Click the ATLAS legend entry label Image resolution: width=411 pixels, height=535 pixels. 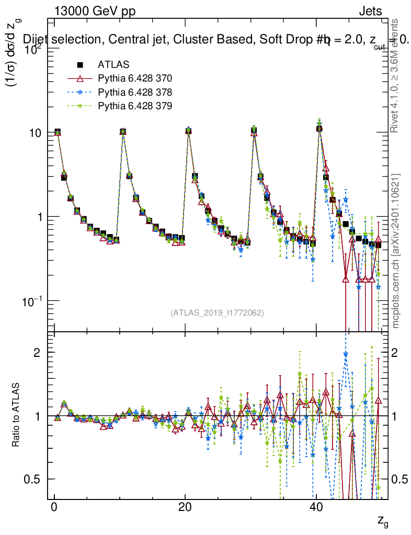[113, 65]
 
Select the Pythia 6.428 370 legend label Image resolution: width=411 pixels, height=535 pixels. [135, 78]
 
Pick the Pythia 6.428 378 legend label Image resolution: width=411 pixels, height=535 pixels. [135, 92]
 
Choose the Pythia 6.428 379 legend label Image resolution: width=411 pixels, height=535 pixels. [135, 106]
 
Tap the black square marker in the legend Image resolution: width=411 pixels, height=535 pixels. [80, 65]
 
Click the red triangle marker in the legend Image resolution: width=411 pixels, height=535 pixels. [80, 78]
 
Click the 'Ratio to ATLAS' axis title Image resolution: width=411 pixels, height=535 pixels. [16, 415]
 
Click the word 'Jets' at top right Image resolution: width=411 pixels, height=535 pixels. [370, 11]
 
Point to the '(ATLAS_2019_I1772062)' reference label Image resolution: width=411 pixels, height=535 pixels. [217, 313]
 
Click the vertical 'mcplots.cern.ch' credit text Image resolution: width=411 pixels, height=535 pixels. [396, 251]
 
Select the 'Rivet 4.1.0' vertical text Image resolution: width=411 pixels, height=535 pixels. [396, 76]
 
